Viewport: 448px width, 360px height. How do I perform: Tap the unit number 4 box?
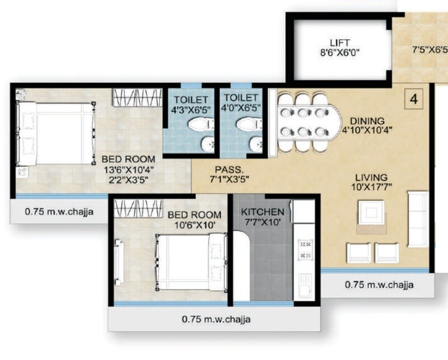(x=414, y=100)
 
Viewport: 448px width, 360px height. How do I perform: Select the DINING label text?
(x=367, y=120)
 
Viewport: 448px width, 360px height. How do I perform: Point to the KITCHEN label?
(x=263, y=212)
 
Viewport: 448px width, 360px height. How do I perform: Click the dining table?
(x=305, y=121)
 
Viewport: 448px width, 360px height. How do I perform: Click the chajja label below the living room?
(x=379, y=285)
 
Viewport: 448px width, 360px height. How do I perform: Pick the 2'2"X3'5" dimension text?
(x=129, y=180)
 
